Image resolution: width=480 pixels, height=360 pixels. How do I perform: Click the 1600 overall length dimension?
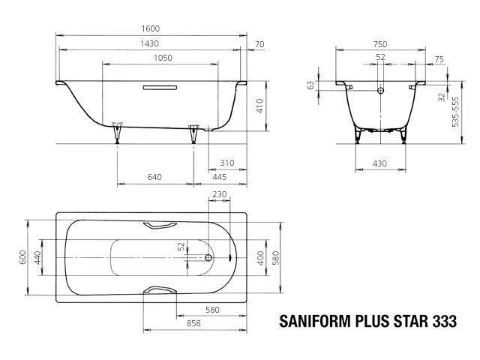[x=151, y=28]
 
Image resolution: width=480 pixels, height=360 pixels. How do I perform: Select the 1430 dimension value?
[x=149, y=43]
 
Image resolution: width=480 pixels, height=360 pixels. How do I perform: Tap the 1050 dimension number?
[x=163, y=58]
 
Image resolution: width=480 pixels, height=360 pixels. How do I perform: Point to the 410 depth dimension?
[x=259, y=106]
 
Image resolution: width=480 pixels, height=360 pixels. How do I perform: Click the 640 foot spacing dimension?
[x=154, y=177]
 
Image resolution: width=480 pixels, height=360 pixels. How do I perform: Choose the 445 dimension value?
[x=220, y=177]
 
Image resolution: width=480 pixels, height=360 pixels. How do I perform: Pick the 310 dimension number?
[x=227, y=163]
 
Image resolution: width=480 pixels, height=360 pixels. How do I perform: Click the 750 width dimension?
[x=380, y=44]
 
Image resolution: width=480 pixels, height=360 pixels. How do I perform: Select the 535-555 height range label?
[x=455, y=112]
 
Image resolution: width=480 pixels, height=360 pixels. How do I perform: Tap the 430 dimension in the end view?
[x=379, y=163]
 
